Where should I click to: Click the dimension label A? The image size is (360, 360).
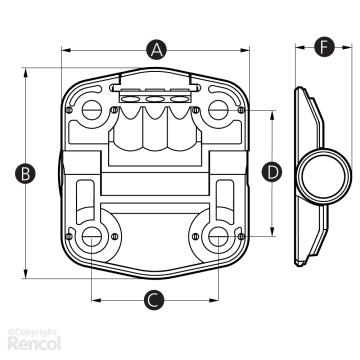[156, 50]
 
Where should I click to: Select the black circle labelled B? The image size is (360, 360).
[25, 174]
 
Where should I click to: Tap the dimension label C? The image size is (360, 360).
[154, 300]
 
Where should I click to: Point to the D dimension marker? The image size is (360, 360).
[272, 172]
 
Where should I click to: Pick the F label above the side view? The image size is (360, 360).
[324, 47]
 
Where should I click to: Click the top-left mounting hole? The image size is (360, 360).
[92, 110]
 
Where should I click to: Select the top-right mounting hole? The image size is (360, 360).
[218, 110]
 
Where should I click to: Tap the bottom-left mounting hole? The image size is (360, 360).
[92, 237]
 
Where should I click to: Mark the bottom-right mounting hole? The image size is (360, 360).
[218, 237]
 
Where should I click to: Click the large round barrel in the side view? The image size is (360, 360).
[324, 176]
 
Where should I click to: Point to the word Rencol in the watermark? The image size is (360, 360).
[34, 343]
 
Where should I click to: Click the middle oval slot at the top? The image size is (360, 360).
[154, 99]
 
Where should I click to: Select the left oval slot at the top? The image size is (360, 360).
[130, 99]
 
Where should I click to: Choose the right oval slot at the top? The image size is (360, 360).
[179, 99]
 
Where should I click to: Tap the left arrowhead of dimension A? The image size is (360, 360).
[66, 50]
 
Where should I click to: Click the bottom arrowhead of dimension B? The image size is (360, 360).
[25, 274]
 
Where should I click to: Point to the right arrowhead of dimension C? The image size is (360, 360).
[214, 300]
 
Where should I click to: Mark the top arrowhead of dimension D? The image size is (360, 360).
[272, 115]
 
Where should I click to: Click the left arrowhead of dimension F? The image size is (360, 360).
[300, 47]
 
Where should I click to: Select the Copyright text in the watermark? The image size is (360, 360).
[32, 332]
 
